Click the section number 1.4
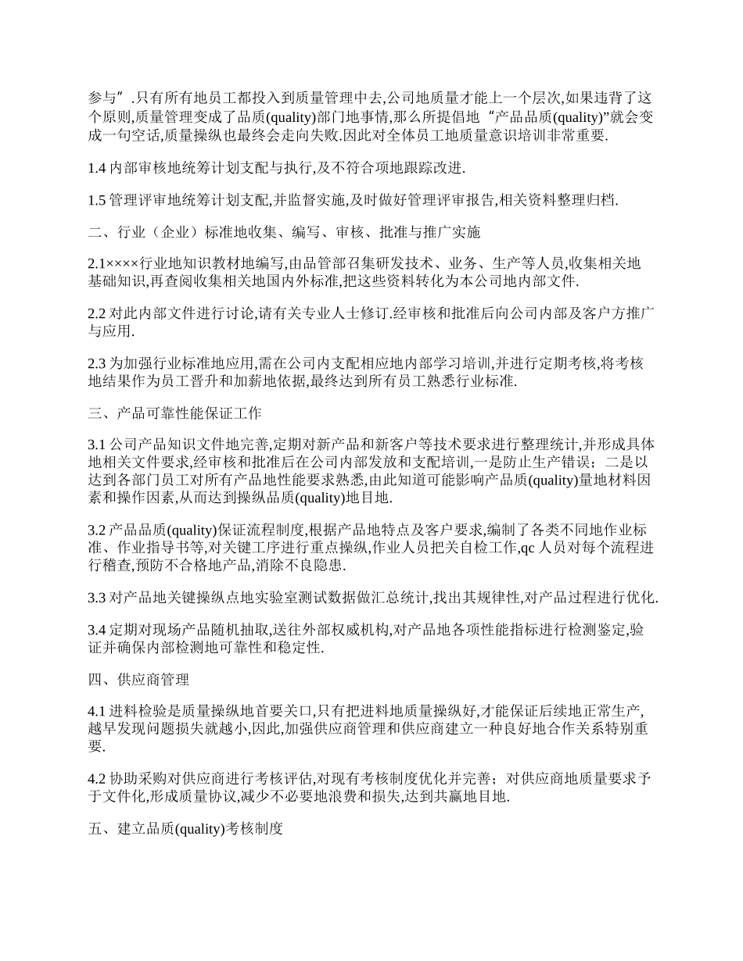point(97,168)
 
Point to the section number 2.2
point(97,313)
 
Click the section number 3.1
point(97,444)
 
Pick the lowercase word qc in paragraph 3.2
point(526,548)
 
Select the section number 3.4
point(97,630)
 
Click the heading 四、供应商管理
point(138,680)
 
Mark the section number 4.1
point(97,712)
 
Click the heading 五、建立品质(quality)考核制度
point(185,828)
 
